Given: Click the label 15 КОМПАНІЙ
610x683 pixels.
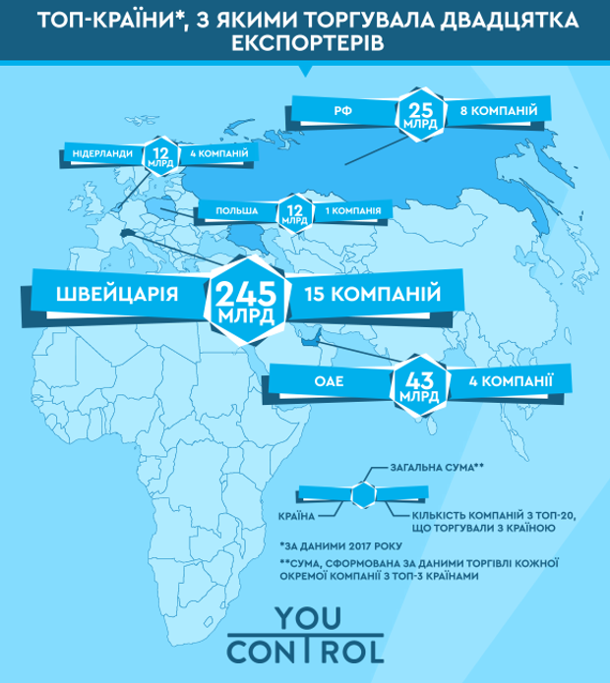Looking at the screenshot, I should click(375, 295).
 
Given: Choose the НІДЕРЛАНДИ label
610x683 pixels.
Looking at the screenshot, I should click(103, 155).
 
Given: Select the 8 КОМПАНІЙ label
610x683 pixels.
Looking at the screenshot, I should click(498, 112).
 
